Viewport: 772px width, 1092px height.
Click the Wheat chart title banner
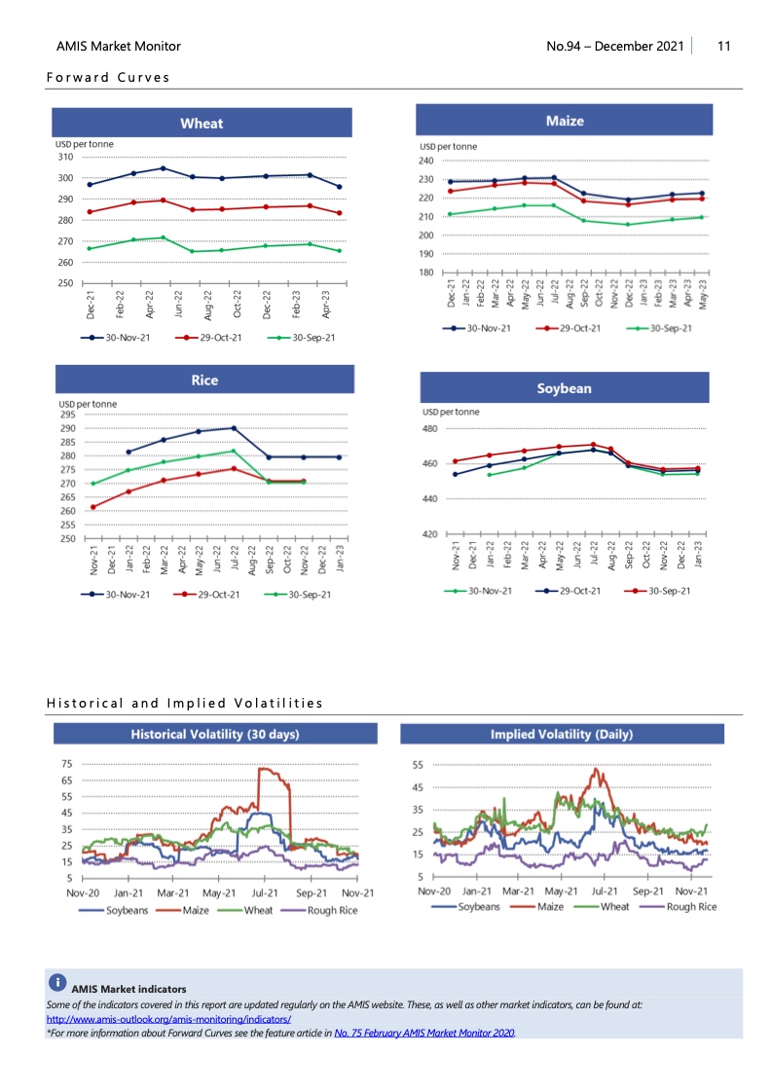(202, 124)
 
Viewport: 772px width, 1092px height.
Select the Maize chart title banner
(565, 121)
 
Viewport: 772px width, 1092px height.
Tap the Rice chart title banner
(204, 380)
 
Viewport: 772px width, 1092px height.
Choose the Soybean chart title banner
(564, 387)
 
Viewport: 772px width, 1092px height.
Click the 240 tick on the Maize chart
(425, 160)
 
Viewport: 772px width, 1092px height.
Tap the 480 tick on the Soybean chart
(429, 428)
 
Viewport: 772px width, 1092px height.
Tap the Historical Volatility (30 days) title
(215, 734)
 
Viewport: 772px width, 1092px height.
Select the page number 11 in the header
(723, 46)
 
